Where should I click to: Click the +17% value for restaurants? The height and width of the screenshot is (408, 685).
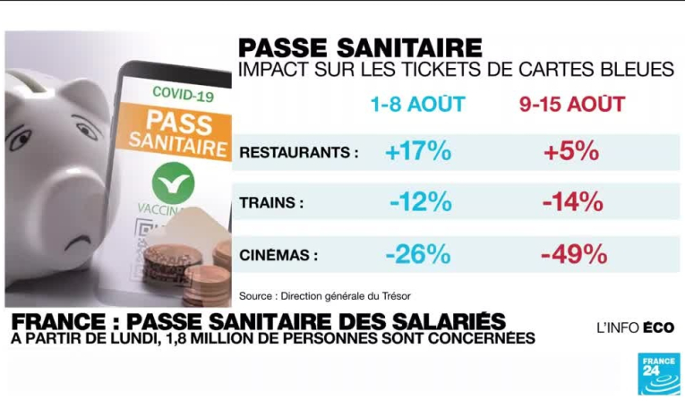click(x=418, y=151)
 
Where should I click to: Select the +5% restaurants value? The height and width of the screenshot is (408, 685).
click(x=570, y=151)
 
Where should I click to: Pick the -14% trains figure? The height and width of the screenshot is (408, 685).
click(x=572, y=202)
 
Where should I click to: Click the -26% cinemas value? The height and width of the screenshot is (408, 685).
click(x=418, y=254)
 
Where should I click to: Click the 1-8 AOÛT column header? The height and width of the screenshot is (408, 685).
click(x=418, y=105)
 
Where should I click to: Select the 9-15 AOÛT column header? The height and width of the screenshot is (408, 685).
click(x=571, y=105)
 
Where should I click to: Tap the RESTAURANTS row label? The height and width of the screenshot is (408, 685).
click(x=299, y=153)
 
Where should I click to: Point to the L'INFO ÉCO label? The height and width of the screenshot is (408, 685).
click(x=635, y=327)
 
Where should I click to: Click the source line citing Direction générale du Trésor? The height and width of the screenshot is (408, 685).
click(x=325, y=295)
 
